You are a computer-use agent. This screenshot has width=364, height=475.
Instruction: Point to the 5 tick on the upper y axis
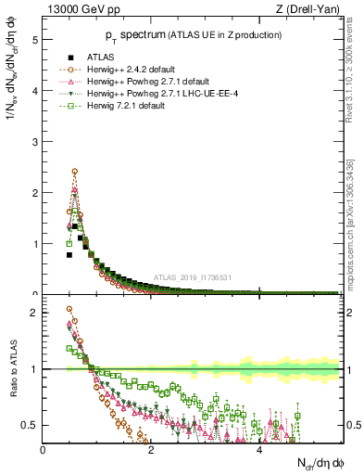pyautogui.click(x=34, y=41)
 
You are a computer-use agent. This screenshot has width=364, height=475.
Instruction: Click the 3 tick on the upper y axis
pyautogui.click(x=34, y=142)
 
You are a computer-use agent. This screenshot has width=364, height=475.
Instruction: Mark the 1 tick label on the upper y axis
pyautogui.click(x=34, y=244)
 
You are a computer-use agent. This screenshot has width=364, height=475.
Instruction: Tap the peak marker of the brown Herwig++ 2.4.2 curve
pyautogui.click(x=74, y=172)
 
